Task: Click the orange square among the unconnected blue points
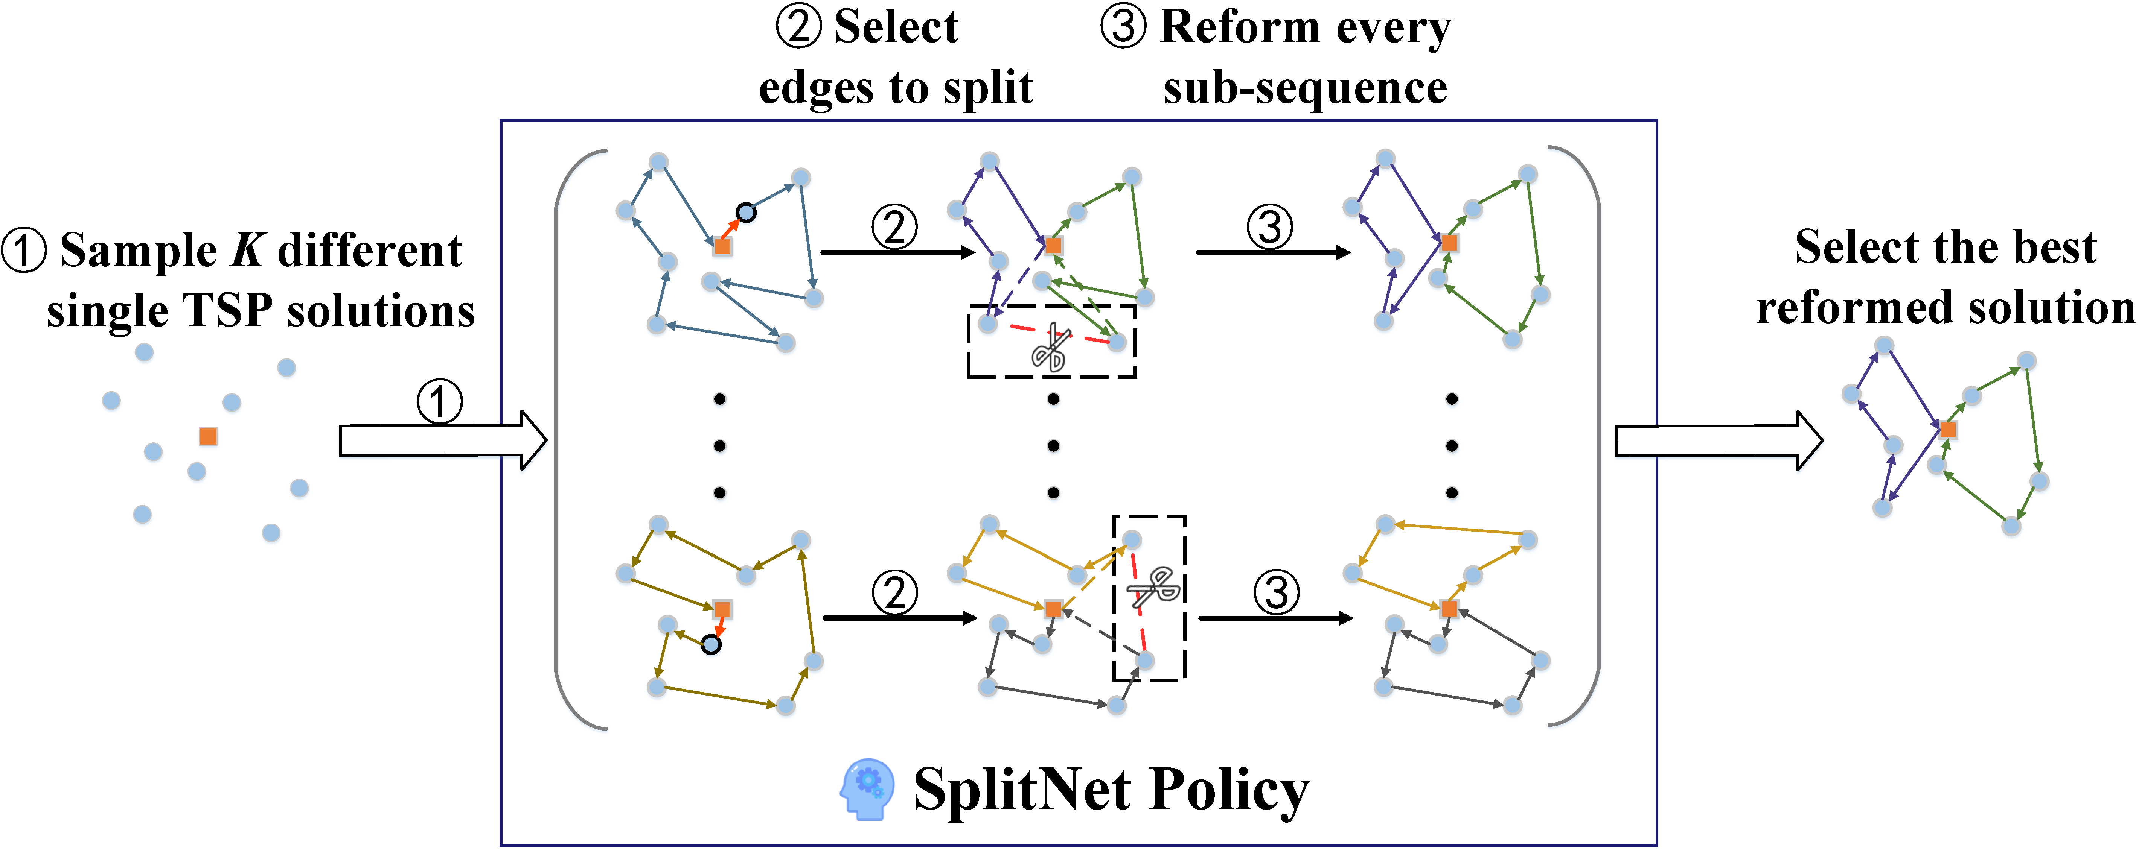pos(209,436)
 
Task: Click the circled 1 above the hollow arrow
pos(439,402)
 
